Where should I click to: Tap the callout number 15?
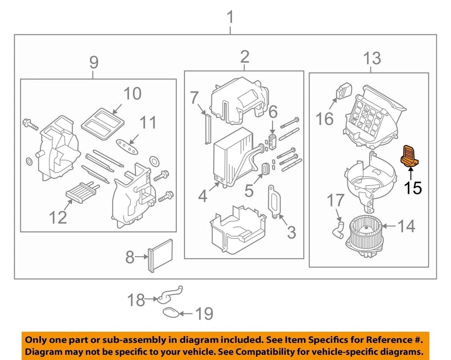click(x=413, y=188)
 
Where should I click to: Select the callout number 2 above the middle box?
click(x=244, y=57)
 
